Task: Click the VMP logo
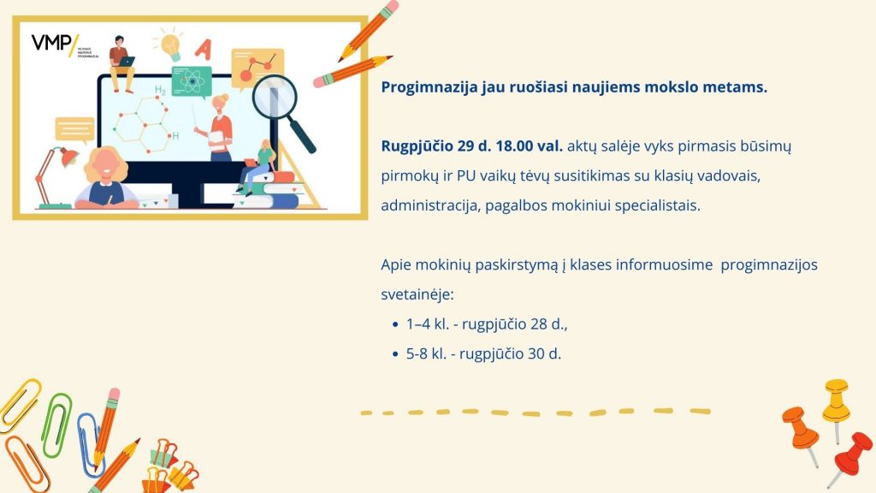pos(55,44)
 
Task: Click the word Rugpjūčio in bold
pos(417,147)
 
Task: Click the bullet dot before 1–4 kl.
pos(395,324)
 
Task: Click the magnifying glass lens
pos(275,96)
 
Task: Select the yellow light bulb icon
pos(170,44)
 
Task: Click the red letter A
pos(204,49)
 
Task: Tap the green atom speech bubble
pos(192,81)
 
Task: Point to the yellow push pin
pos(837,404)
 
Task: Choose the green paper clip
pos(57,425)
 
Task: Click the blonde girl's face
pos(104,166)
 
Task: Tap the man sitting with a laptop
pos(121,62)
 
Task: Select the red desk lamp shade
pos(68,157)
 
